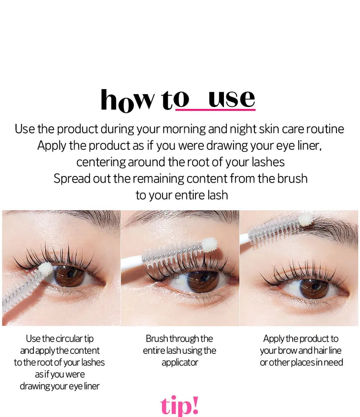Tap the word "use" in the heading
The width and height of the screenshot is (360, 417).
coord(231,99)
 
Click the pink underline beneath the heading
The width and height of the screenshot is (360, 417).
coord(215,110)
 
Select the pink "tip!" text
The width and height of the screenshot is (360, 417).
coord(180,405)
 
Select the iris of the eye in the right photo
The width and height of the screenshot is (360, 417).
coord(314,288)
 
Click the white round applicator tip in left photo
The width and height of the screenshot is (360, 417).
coord(46,269)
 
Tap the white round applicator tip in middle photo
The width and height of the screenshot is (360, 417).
coord(209,245)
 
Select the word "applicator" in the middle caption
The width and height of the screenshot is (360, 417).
coord(180,362)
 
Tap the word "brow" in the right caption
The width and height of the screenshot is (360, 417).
coord(287,350)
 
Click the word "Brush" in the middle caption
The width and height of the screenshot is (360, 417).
coord(157,339)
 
